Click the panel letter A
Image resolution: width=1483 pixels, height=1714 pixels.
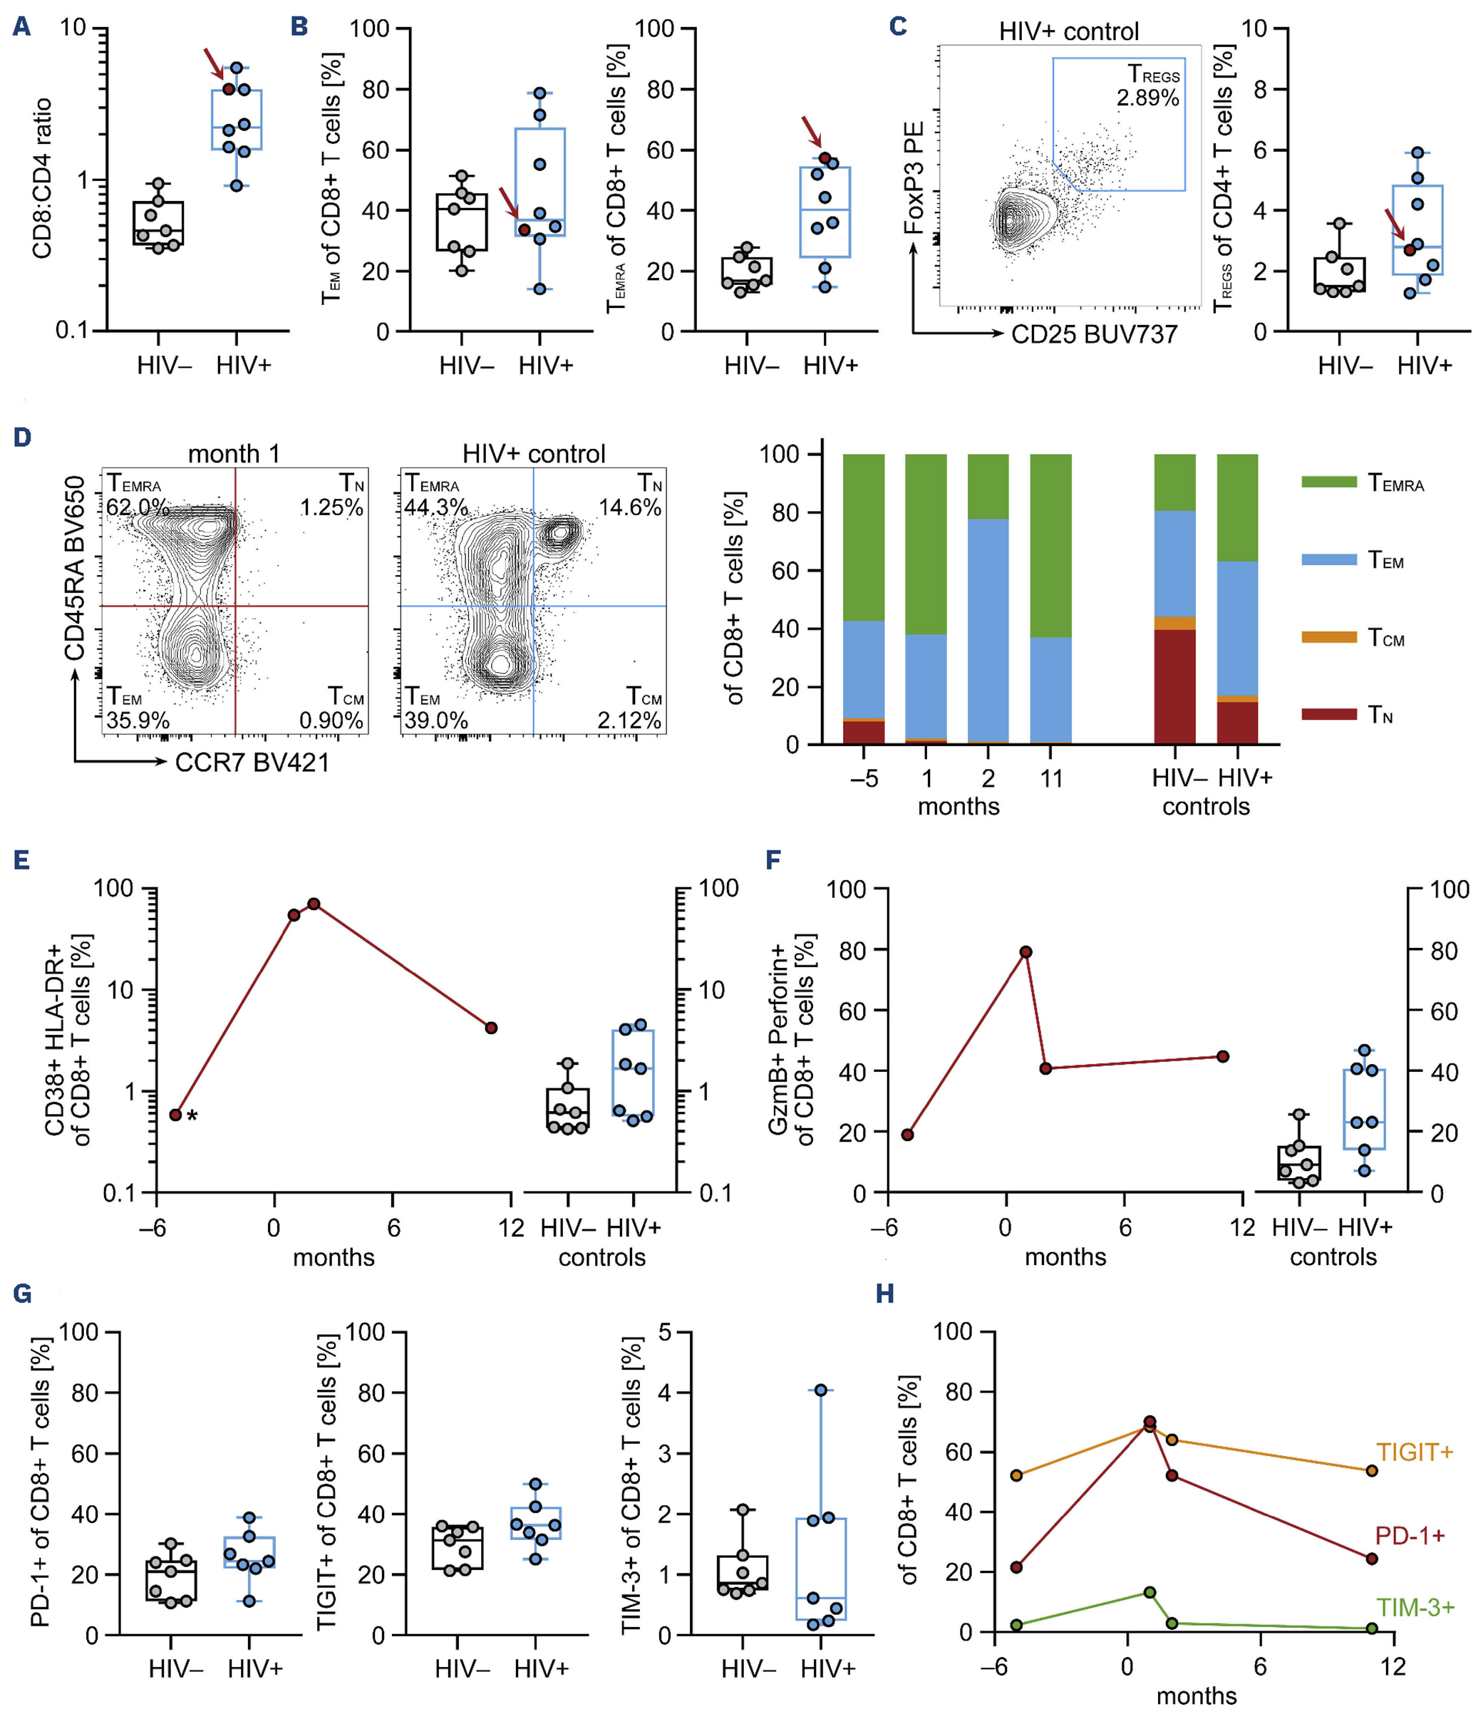point(21,26)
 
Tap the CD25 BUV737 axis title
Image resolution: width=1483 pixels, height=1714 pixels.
point(1094,334)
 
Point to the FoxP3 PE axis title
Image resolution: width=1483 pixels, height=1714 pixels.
point(914,177)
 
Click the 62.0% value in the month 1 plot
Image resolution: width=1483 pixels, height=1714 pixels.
point(138,507)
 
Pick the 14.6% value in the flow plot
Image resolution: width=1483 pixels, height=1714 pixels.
point(630,507)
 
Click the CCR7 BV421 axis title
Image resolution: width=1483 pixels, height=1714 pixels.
point(252,763)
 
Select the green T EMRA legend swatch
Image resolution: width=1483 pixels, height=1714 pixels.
point(1328,482)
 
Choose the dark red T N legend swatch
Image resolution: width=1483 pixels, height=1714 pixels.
point(1328,713)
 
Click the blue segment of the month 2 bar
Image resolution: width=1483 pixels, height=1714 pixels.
point(988,629)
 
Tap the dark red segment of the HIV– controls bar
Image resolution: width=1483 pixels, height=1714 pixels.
point(1174,687)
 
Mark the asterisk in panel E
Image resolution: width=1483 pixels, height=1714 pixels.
point(192,1117)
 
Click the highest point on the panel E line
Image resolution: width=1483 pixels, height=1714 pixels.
point(314,904)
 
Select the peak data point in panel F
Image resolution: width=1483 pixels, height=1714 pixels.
point(1025,951)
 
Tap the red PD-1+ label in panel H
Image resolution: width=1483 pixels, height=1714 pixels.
point(1410,1535)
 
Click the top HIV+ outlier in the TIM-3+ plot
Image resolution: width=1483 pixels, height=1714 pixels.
point(820,1390)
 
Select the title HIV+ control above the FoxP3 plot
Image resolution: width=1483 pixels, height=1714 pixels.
point(1068,31)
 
